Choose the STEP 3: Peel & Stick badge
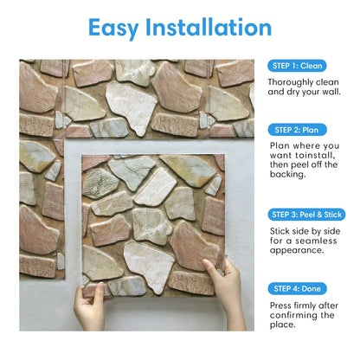click(x=305, y=214)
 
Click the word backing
click(x=291, y=174)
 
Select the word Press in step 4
click(x=282, y=306)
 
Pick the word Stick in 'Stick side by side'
click(x=282, y=228)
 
